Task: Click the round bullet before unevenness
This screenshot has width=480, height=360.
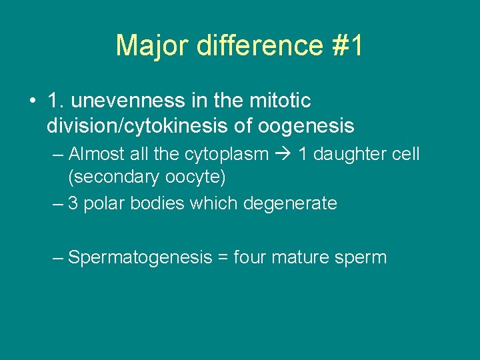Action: pyautogui.click(x=32, y=101)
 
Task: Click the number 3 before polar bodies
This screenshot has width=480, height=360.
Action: pyautogui.click(x=73, y=203)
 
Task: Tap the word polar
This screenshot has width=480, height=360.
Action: pyautogui.click(x=103, y=203)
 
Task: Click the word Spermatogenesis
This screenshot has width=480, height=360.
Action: pyautogui.click(x=140, y=257)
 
